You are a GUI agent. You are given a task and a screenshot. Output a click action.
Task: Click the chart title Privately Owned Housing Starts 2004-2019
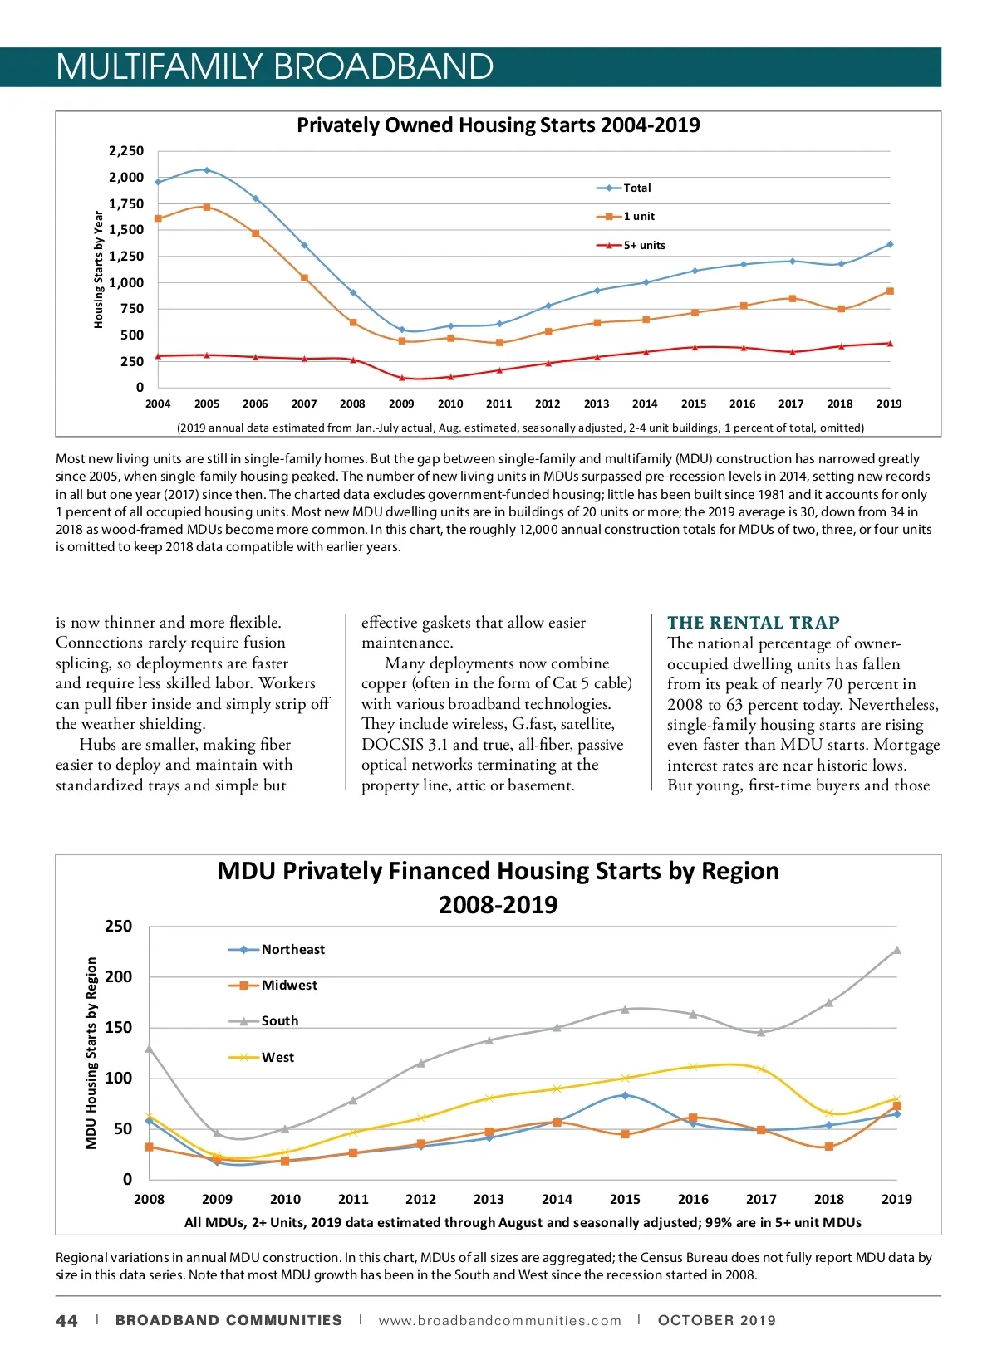(498, 125)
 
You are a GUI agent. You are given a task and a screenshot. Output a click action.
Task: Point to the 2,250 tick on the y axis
(126, 151)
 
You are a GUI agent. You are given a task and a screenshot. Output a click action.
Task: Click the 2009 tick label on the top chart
(401, 404)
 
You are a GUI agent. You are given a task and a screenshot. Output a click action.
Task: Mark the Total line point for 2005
(207, 170)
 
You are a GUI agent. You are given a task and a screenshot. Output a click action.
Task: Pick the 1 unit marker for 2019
(890, 291)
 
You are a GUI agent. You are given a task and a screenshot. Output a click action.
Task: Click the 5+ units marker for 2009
(402, 378)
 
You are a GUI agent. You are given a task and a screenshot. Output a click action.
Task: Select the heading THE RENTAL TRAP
(753, 623)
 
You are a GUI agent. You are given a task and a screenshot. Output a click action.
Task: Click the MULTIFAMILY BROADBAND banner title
(275, 67)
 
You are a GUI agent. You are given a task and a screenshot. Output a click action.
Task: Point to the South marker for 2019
(896, 950)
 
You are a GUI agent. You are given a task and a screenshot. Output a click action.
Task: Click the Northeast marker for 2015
(625, 1095)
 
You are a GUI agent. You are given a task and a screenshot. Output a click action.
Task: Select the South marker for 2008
(150, 1049)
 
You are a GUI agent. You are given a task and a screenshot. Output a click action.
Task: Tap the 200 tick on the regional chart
(118, 977)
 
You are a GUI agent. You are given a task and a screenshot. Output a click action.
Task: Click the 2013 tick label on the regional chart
(489, 1200)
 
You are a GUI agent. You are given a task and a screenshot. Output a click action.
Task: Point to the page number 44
(67, 1321)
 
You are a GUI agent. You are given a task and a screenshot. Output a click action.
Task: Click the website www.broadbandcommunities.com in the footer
(499, 1321)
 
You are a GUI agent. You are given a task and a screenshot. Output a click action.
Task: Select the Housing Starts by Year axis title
(99, 269)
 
